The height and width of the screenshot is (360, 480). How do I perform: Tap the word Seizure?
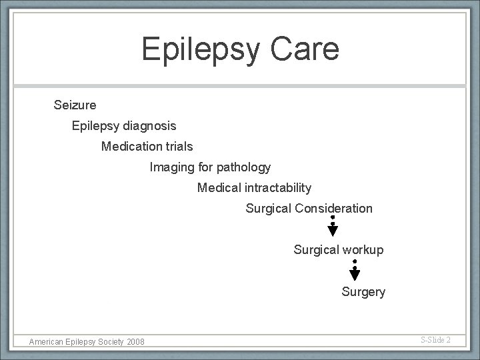click(75, 105)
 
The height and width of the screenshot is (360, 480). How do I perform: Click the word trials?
click(179, 146)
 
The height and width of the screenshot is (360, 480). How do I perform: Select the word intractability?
click(279, 188)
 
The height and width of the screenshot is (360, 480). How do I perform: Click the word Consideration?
click(333, 209)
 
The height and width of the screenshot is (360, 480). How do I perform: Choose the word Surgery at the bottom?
click(363, 292)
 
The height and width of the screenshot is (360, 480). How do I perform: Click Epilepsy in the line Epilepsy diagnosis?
click(96, 125)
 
